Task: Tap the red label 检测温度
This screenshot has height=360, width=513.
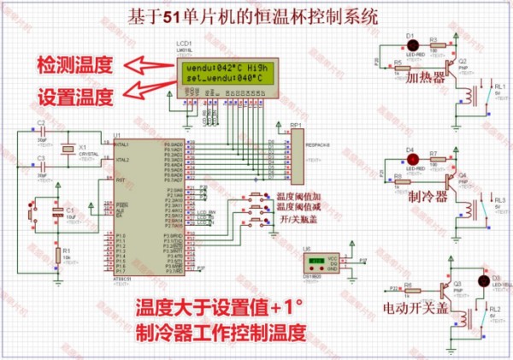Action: (x=74, y=64)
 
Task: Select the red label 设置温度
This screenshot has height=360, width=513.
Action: (x=74, y=96)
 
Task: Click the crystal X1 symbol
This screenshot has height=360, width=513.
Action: (x=69, y=150)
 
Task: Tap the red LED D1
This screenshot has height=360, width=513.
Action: (x=410, y=44)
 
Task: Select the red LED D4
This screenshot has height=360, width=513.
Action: (x=410, y=160)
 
